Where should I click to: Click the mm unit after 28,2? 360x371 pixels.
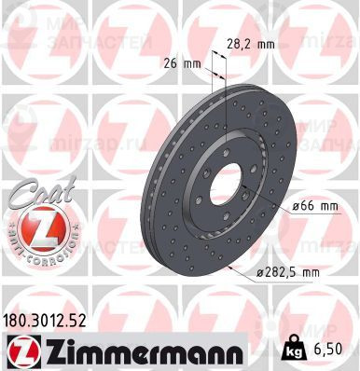[x=267, y=42]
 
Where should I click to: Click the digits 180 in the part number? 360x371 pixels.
[x=18, y=321]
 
